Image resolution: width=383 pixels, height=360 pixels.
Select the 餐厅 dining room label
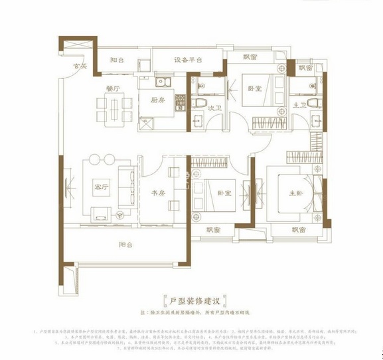(x=112, y=88)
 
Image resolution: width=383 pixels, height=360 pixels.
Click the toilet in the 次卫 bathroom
(x=199, y=104)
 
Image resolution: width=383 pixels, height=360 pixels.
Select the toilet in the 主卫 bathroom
(x=315, y=103)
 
